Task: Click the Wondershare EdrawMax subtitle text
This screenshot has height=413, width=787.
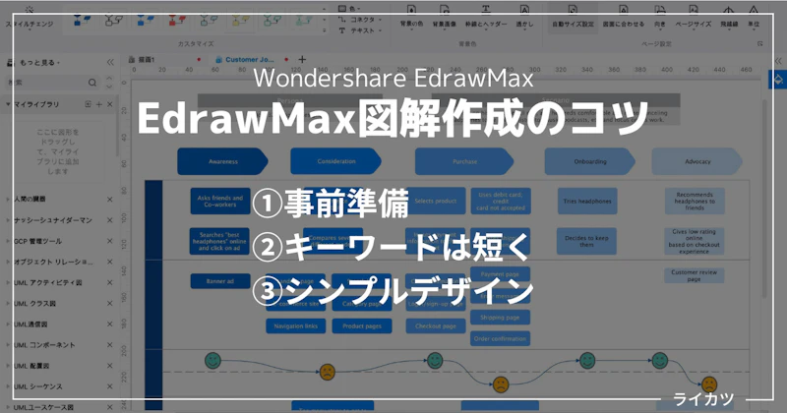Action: pos(393,78)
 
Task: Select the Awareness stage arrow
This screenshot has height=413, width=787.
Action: pos(222,161)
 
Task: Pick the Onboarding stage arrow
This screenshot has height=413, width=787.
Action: pos(590,161)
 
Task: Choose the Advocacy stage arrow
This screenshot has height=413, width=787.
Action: pos(698,161)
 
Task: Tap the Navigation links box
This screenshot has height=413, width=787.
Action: pos(296,325)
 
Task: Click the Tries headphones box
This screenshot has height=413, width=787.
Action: pos(586,202)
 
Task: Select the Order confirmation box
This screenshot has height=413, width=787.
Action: pos(500,338)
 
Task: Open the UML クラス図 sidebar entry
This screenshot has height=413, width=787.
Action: pos(39,304)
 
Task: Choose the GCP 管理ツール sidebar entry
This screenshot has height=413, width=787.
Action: pos(39,241)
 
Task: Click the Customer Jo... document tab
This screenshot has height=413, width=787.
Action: pos(252,60)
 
